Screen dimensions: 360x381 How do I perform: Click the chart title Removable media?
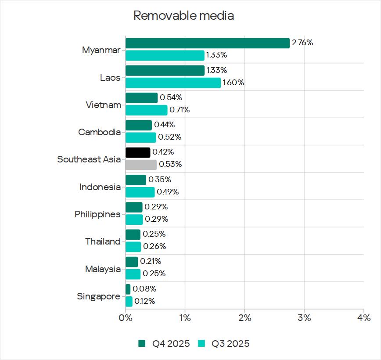point(183,16)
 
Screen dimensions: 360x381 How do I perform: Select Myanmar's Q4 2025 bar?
point(207,43)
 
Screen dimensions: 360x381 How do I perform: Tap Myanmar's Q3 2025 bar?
point(165,55)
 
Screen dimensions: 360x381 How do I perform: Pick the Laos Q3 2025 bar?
point(173,83)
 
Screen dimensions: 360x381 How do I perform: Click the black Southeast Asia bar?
point(138,152)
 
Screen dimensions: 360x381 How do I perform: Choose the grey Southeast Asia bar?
point(141,165)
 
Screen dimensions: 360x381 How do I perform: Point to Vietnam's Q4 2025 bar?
point(141,97)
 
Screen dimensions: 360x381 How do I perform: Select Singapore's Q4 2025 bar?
point(128,289)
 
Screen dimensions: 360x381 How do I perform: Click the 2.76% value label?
point(302,43)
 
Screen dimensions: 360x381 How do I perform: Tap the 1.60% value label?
point(234,83)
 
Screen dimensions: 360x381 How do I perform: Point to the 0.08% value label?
point(144,289)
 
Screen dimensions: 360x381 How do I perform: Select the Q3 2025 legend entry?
point(224,343)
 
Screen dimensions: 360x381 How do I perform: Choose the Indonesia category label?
point(100,187)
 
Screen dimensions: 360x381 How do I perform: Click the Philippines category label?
point(97,214)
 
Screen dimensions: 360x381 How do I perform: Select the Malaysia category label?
point(103,269)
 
